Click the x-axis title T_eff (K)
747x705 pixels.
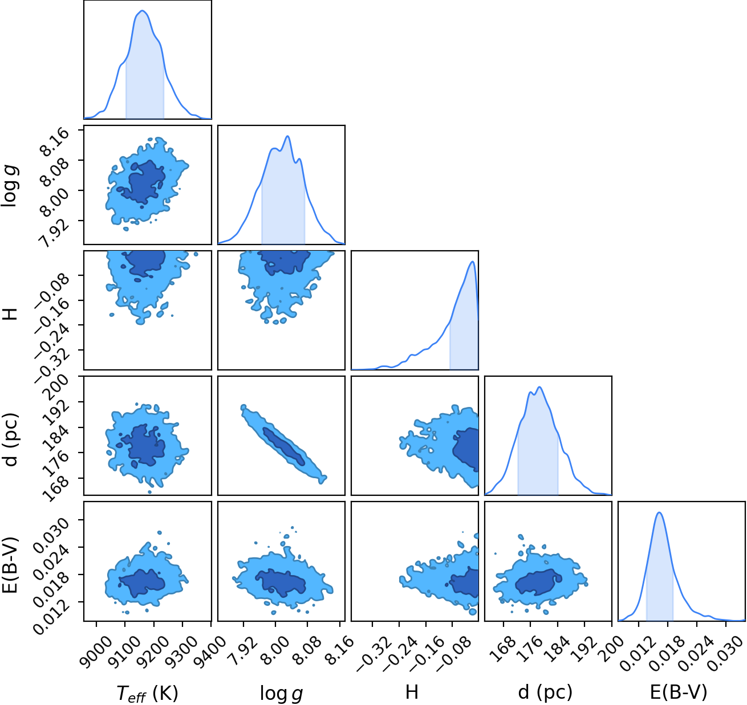click(148, 692)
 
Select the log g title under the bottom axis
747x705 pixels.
click(281, 693)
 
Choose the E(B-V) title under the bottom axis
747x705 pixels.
click(679, 692)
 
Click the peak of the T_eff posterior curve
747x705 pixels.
click(142, 10)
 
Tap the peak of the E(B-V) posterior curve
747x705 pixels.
click(659, 512)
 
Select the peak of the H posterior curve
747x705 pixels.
click(472, 262)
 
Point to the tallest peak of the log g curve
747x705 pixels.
click(287, 136)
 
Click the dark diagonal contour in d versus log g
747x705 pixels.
click(283, 446)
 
